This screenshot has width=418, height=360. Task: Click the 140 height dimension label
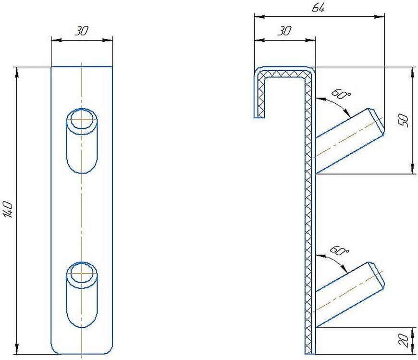(x=9, y=210)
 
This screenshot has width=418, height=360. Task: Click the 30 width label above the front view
(x=81, y=31)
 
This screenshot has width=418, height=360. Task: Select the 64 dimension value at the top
(x=318, y=8)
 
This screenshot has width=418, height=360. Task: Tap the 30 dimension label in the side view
(x=285, y=31)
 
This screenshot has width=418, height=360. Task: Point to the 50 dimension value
(x=403, y=120)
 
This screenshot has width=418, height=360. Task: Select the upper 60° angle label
(x=341, y=94)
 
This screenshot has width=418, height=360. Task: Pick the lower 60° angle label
(x=339, y=250)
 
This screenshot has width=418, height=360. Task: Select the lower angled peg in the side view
(x=350, y=295)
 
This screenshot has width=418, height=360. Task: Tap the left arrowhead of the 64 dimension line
(x=259, y=16)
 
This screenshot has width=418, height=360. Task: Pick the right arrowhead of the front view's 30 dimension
(x=108, y=40)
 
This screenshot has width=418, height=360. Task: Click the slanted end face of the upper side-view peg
(x=377, y=121)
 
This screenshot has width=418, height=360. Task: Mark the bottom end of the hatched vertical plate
(x=310, y=354)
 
